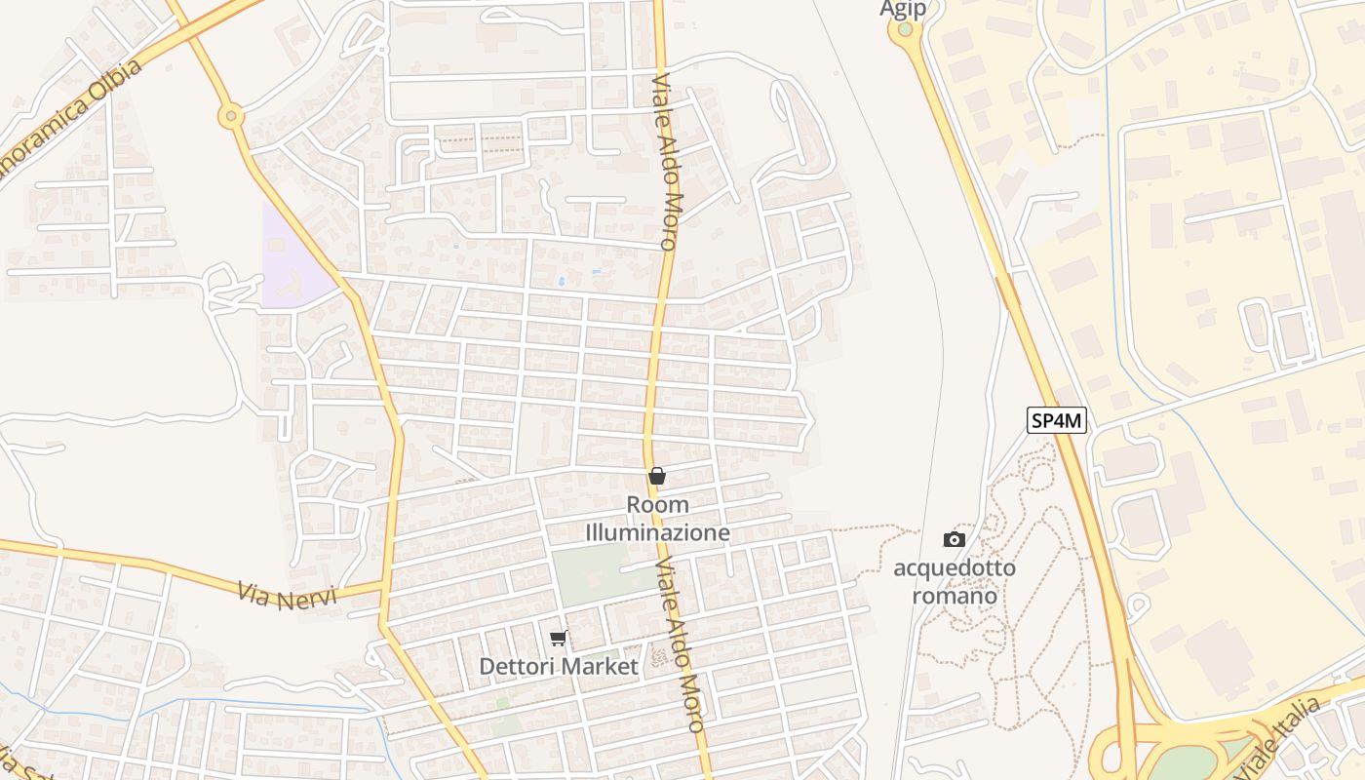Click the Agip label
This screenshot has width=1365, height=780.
pos(902,9)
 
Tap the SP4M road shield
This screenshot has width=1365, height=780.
pos(1057,420)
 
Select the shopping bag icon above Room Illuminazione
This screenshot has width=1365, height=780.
pos(657,476)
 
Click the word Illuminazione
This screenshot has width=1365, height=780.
pos(657,533)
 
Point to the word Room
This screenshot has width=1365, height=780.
pos(657,505)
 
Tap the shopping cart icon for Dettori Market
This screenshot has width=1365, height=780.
pos(558,638)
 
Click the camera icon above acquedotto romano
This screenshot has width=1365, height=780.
pos(954,539)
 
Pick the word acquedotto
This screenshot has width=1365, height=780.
pos(954,567)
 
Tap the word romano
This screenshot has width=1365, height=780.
pos(954,595)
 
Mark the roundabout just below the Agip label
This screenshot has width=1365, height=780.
pos(905,30)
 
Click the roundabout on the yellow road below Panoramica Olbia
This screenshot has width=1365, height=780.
pos(231,117)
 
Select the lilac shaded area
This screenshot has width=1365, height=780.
pos(292,263)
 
